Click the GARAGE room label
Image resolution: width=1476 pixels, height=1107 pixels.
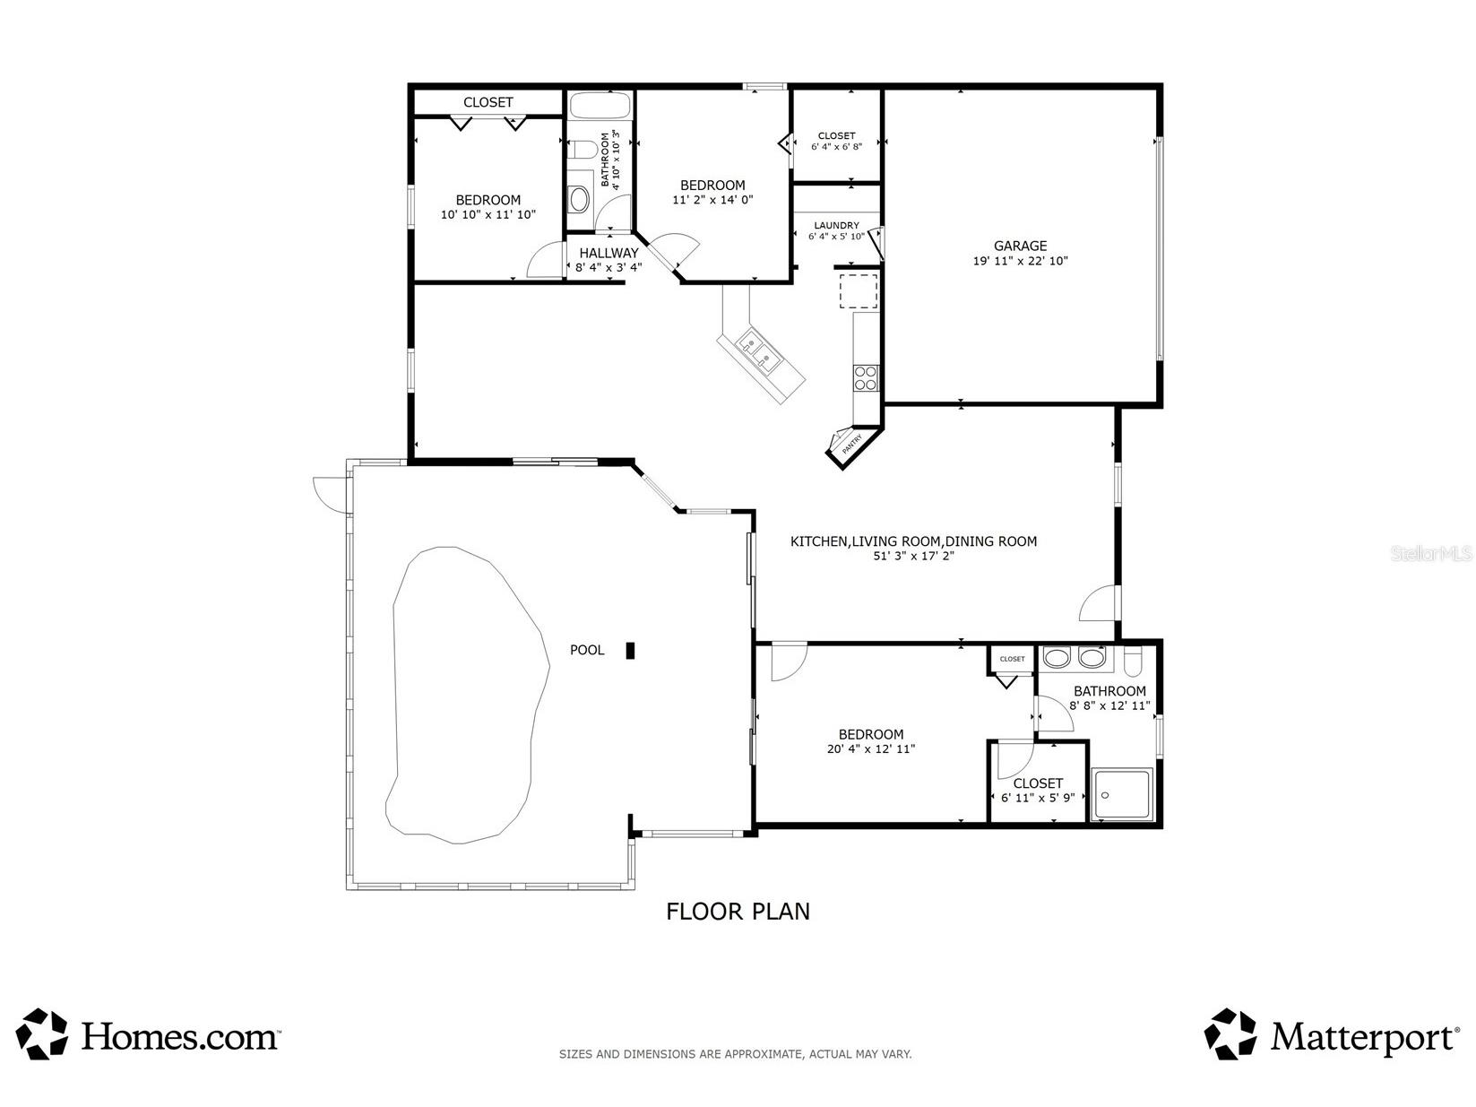click(x=1020, y=246)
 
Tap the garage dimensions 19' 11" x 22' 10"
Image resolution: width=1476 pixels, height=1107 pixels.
click(x=1020, y=261)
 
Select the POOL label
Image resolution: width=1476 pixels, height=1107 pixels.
click(x=587, y=650)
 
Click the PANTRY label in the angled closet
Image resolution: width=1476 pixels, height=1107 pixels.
click(x=852, y=444)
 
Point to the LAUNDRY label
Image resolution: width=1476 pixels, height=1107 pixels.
click(x=836, y=225)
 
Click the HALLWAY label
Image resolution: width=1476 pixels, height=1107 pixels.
click(x=609, y=253)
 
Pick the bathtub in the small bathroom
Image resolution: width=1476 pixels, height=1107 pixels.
click(x=600, y=106)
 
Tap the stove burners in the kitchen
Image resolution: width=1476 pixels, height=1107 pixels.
click(x=866, y=377)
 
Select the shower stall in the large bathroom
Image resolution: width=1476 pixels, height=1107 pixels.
click(x=1122, y=793)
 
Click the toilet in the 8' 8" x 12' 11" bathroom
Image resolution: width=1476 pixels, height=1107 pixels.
click(x=1133, y=660)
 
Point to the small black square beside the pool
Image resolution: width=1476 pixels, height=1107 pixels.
click(x=630, y=651)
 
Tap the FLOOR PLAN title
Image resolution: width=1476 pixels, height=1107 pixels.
click(x=738, y=912)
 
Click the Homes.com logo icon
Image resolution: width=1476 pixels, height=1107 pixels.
click(x=42, y=1033)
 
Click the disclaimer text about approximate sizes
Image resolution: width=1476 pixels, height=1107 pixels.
click(x=735, y=1054)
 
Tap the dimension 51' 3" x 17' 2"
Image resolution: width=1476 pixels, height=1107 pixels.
click(x=913, y=557)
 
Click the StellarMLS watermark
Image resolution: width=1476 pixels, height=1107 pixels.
click(x=1431, y=554)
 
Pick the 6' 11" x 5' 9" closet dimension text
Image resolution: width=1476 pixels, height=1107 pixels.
click(x=1038, y=798)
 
